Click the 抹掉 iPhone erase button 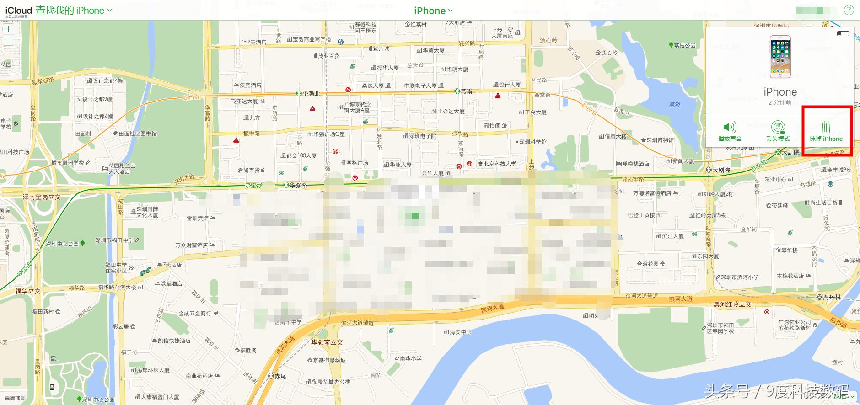pyautogui.click(x=826, y=131)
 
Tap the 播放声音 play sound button pyautogui.click(x=730, y=131)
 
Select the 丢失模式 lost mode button pyautogui.click(x=778, y=131)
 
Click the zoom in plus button pyautogui.click(x=8, y=29)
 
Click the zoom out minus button pyautogui.click(x=8, y=40)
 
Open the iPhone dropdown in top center pyautogui.click(x=433, y=11)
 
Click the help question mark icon pyautogui.click(x=849, y=10)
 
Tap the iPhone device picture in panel pyautogui.click(x=780, y=57)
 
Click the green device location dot pyautogui.click(x=415, y=216)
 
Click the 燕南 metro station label pyautogui.click(x=466, y=91)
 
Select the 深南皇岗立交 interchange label pyautogui.click(x=42, y=197)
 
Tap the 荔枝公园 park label pyautogui.click(x=684, y=45)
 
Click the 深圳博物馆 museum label pyautogui.click(x=660, y=140)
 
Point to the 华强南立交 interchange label pyautogui.click(x=327, y=342)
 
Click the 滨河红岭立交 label pyautogui.click(x=732, y=304)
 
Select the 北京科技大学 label pyautogui.click(x=500, y=164)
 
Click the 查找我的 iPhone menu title pyautogui.click(x=70, y=11)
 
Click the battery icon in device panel pyautogui.click(x=843, y=33)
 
